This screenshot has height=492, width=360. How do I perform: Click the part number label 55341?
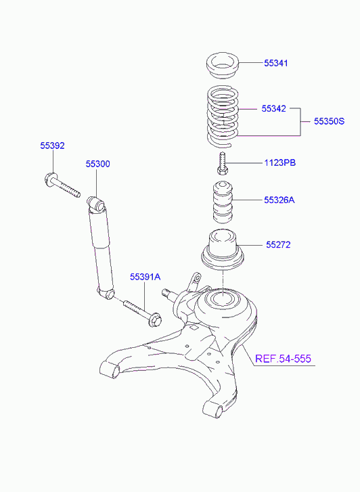275,63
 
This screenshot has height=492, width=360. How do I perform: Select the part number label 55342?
273,108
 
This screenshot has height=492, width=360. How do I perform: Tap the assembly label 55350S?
329,121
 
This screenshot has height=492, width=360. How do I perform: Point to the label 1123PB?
279,163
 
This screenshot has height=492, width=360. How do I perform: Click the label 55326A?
279,200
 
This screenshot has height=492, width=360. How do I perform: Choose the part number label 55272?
278,245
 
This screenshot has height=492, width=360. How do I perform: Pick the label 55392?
52,146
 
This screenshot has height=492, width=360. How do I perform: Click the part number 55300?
98,164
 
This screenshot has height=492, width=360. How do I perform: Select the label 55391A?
145,277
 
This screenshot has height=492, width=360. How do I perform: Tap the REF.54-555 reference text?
283,358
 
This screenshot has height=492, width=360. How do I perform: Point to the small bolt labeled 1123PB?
223,163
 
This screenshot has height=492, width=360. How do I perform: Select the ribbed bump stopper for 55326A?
223,202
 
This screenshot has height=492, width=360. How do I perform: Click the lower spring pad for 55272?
223,250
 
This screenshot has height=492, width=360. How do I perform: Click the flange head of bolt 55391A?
154,320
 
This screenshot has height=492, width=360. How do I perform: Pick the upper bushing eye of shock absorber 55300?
96,203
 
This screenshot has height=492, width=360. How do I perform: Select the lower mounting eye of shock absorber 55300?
106,294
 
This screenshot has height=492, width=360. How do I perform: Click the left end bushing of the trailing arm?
110,370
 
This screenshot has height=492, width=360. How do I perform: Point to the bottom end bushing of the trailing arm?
213,409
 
